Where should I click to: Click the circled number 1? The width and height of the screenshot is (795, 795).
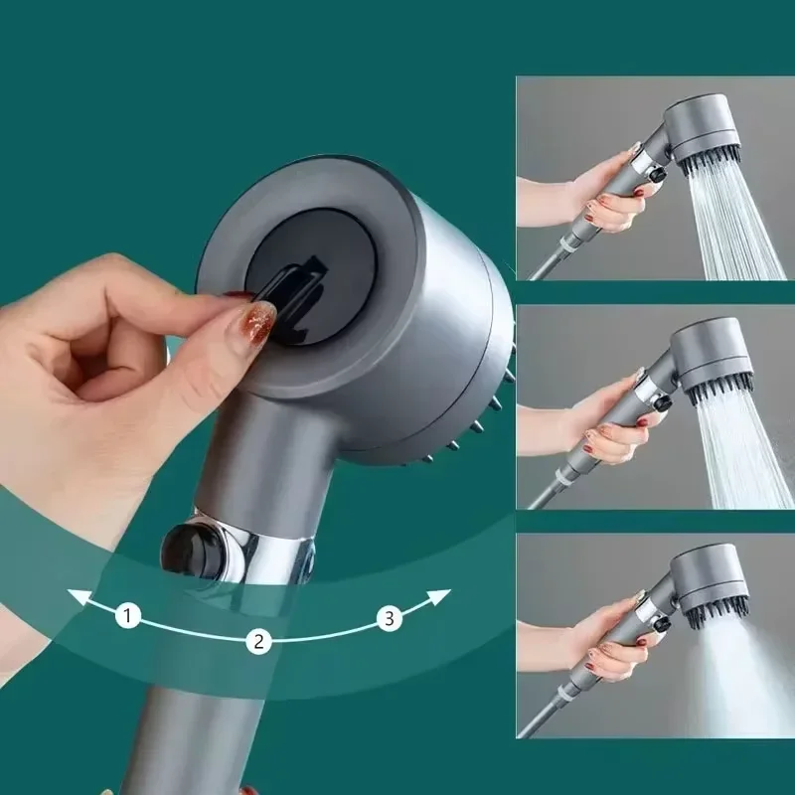tap(127, 616)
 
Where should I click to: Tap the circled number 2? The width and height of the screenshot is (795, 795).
tap(258, 641)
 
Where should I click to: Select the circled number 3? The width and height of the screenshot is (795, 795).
tap(390, 619)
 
